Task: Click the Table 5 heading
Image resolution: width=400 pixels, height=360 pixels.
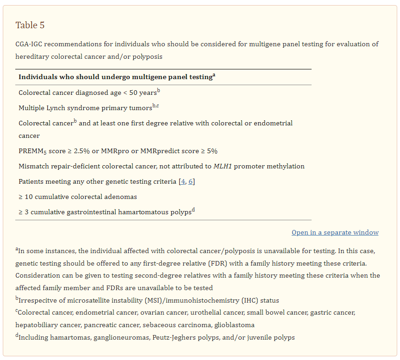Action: (30, 25)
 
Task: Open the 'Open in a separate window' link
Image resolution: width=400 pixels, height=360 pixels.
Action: (335, 232)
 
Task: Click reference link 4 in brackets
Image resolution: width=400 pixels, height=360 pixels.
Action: (183, 181)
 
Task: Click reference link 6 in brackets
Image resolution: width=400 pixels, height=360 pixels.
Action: (190, 181)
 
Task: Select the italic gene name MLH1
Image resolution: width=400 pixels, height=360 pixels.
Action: (223, 166)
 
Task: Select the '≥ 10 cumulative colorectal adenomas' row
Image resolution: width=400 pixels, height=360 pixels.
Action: (78, 197)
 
